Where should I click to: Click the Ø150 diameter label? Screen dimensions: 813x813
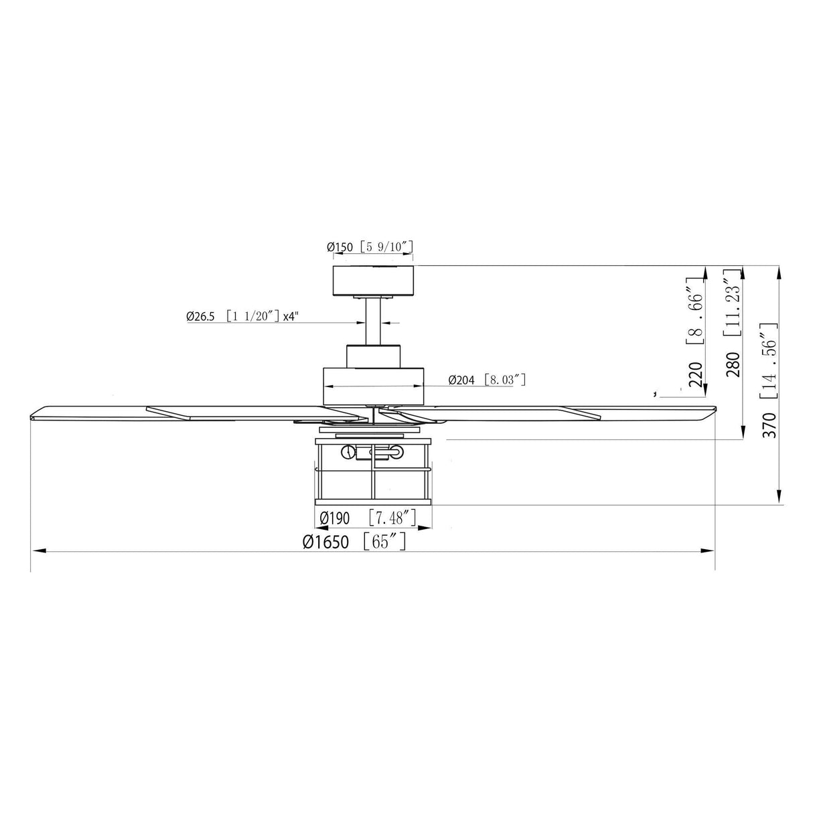click(341, 247)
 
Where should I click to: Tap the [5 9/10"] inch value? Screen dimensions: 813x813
click(386, 247)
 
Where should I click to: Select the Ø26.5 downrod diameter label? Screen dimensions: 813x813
click(200, 317)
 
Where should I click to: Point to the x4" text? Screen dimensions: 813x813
click(290, 317)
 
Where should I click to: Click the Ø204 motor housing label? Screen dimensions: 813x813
click(461, 380)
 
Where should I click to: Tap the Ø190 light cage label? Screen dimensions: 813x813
click(334, 518)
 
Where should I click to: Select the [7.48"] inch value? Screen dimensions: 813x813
click(392, 518)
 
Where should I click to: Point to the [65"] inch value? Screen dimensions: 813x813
click(384, 542)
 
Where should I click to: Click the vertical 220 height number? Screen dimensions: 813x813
click(696, 376)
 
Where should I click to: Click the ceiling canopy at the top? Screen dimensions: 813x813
click(374, 280)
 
